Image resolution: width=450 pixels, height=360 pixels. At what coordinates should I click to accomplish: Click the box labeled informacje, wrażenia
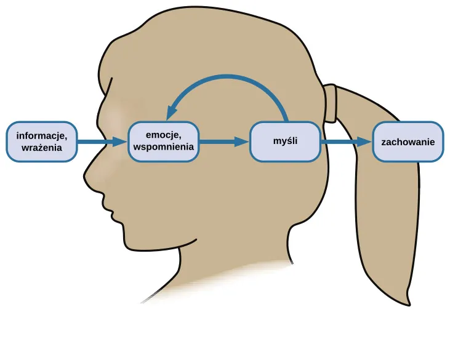42,142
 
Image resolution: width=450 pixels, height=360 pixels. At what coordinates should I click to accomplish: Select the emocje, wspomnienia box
164,142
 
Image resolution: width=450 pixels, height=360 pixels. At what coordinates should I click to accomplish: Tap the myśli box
285,142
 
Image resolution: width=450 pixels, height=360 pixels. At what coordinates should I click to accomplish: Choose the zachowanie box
408,142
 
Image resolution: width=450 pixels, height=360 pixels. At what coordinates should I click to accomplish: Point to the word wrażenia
41,148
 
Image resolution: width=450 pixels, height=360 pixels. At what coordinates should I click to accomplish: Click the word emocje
164,135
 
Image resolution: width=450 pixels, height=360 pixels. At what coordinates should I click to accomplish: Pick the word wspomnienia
164,147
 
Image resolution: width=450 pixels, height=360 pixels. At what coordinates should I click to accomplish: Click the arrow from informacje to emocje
102,142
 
